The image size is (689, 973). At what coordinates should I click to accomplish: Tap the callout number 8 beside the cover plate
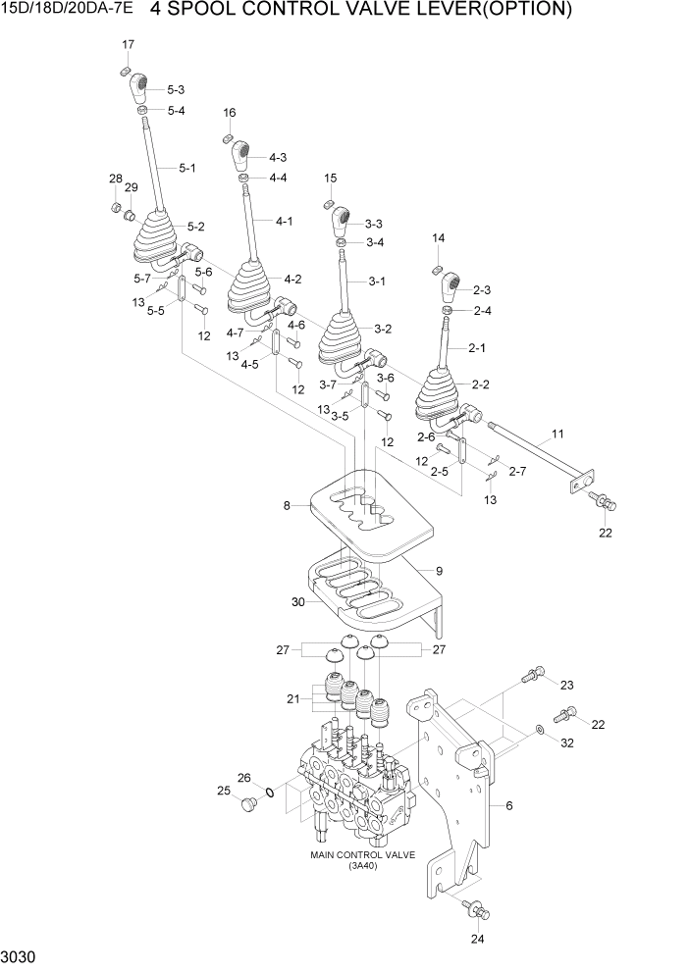(288, 506)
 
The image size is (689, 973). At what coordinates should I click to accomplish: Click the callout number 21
(291, 698)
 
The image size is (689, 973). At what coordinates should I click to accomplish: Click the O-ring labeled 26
(268, 791)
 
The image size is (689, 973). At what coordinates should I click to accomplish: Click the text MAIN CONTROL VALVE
(362, 854)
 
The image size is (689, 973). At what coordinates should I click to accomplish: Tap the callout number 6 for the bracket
(509, 805)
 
